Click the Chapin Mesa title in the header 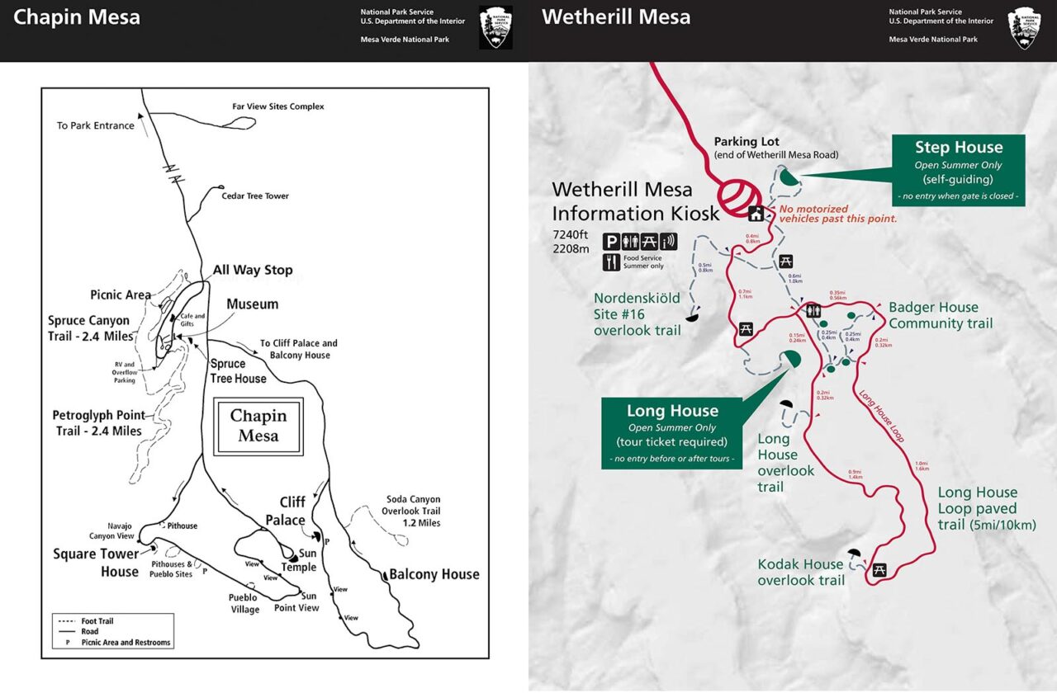77,17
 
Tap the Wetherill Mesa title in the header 616,17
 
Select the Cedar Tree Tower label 255,196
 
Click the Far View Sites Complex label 278,106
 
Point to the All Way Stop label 252,270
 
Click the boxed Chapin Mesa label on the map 258,426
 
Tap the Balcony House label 434,574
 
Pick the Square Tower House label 96,563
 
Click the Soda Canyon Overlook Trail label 413,511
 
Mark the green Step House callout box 958,171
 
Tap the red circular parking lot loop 740,198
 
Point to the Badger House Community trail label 941,315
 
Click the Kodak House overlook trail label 801,572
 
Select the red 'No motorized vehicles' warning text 837,214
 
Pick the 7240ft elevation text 571,234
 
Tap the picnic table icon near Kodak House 879,569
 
